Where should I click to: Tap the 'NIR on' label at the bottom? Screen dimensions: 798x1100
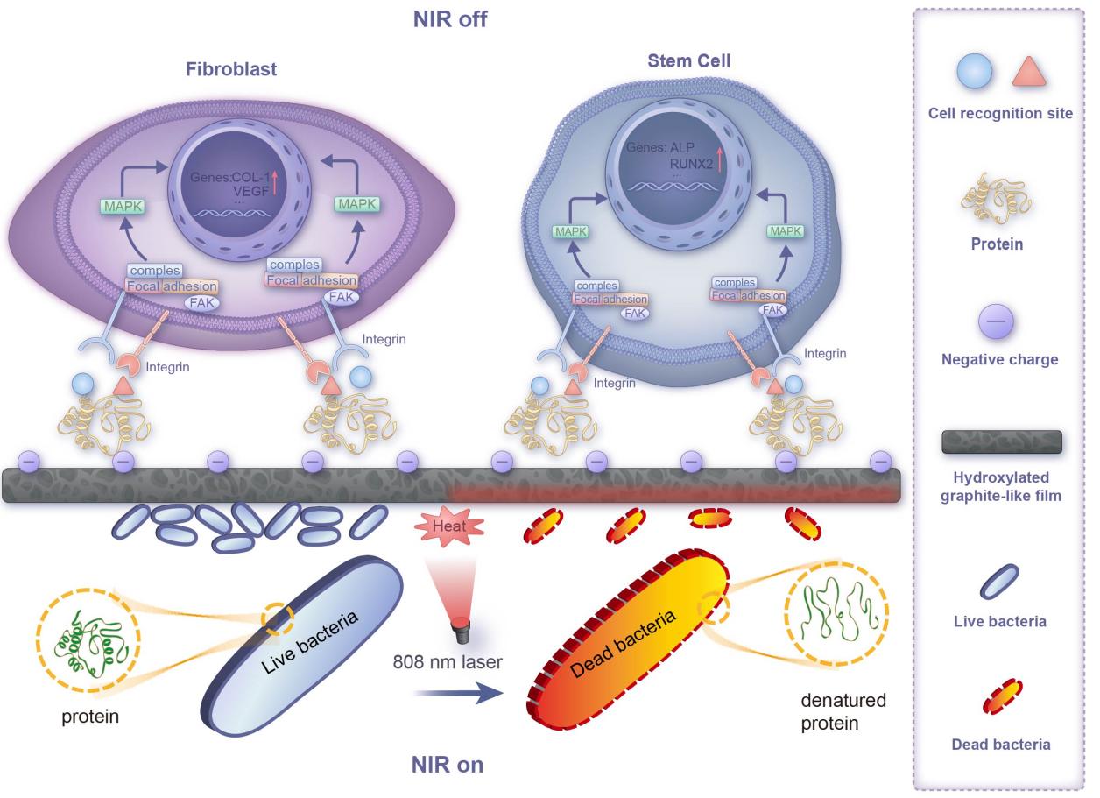pos(447,765)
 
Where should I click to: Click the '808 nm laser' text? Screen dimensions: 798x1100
pos(447,662)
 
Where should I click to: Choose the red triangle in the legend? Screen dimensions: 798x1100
pos(1029,72)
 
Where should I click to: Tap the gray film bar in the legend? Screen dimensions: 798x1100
pos(1001,443)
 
